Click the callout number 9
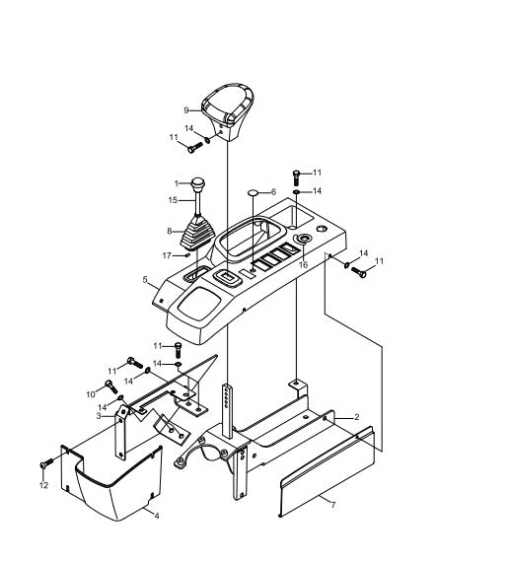[x=186, y=110]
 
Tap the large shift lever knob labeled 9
[x=228, y=110]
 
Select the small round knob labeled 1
[x=197, y=184]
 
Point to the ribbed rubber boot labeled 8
[x=198, y=231]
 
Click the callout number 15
[x=173, y=200]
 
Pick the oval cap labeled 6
[x=254, y=192]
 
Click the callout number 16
[x=303, y=264]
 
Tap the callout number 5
[x=145, y=279]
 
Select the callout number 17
[x=167, y=255]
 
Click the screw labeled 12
[x=46, y=463]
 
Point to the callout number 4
[x=157, y=516]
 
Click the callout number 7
[x=333, y=505]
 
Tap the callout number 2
[x=356, y=417]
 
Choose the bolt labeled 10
[x=110, y=386]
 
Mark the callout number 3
[x=99, y=416]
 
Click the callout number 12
[x=43, y=485]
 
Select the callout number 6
[x=274, y=192]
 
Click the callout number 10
[x=91, y=394]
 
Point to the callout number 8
[x=170, y=231]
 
